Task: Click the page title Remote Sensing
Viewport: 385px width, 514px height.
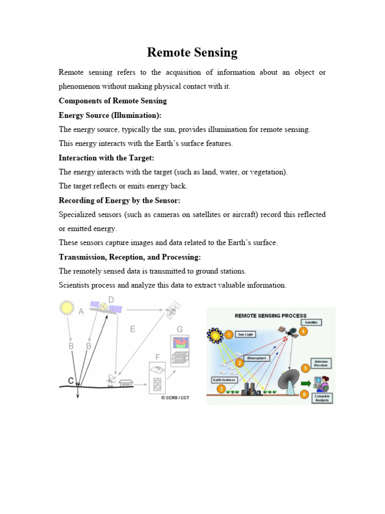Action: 192,53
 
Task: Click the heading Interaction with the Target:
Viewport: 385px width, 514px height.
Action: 105,158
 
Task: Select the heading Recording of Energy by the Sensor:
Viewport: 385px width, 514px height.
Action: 119,200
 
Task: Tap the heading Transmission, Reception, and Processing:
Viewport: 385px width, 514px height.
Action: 130,257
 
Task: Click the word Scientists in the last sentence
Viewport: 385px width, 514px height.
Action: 75,285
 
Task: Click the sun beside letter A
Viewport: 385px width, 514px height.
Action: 66,307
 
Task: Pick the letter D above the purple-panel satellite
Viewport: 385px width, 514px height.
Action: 111,300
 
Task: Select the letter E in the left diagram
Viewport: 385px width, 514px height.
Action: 132,329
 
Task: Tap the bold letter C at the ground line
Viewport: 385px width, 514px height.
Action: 72,381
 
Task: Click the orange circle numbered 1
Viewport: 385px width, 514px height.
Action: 228,333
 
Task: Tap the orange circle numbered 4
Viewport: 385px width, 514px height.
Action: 303,331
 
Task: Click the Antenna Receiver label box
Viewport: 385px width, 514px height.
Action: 321,363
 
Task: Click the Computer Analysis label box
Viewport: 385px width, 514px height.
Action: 321,398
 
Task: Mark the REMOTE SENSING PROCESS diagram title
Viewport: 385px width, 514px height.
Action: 271,316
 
